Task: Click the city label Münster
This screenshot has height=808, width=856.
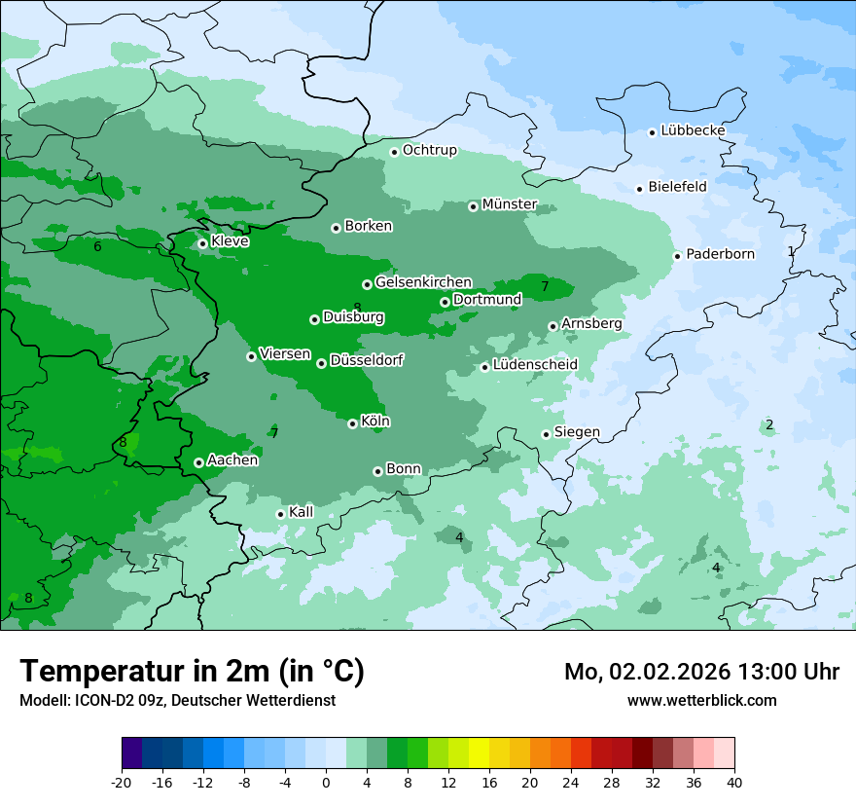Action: tap(509, 204)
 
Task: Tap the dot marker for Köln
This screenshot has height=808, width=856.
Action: tap(352, 423)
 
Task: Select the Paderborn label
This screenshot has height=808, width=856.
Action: tap(720, 254)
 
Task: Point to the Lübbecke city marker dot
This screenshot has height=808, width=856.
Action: tap(653, 132)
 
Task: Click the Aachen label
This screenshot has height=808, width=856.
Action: tap(232, 460)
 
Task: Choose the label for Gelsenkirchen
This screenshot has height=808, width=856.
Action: tap(423, 282)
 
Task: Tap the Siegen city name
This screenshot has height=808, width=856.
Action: tap(577, 432)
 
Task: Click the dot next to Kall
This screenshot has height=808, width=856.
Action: tap(280, 514)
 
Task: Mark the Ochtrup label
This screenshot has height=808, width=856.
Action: tap(429, 150)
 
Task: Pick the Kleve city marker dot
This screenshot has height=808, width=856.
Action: tap(202, 244)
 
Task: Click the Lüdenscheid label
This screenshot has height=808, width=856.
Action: tap(535, 365)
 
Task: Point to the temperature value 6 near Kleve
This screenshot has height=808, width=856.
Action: tap(97, 247)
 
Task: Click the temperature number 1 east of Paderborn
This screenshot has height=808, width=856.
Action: tap(791, 251)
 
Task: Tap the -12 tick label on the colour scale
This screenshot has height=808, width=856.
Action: tap(203, 783)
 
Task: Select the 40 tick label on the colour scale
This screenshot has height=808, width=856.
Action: tap(734, 783)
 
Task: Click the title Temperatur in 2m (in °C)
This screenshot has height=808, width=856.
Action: tap(192, 672)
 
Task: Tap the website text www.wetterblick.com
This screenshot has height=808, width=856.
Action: tap(701, 700)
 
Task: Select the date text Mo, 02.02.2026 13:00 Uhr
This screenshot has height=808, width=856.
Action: tap(701, 672)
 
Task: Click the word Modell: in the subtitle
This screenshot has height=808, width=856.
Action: tap(44, 701)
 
